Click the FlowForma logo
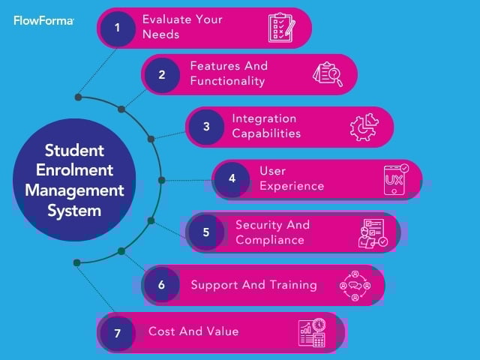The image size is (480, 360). point(43,21)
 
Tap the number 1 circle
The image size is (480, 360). point(117,28)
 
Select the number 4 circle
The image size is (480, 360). point(232,178)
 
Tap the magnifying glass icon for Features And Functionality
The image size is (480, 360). point(328,73)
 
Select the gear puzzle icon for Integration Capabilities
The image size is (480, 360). point(364,127)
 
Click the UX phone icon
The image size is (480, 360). point(395,179)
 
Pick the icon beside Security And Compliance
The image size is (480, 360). point(372,232)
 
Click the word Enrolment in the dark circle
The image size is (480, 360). point(73,169)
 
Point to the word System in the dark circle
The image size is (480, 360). point(73,211)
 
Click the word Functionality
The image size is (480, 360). point(227,81)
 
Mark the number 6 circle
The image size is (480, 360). point(161,285)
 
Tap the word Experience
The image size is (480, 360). point(292,186)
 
